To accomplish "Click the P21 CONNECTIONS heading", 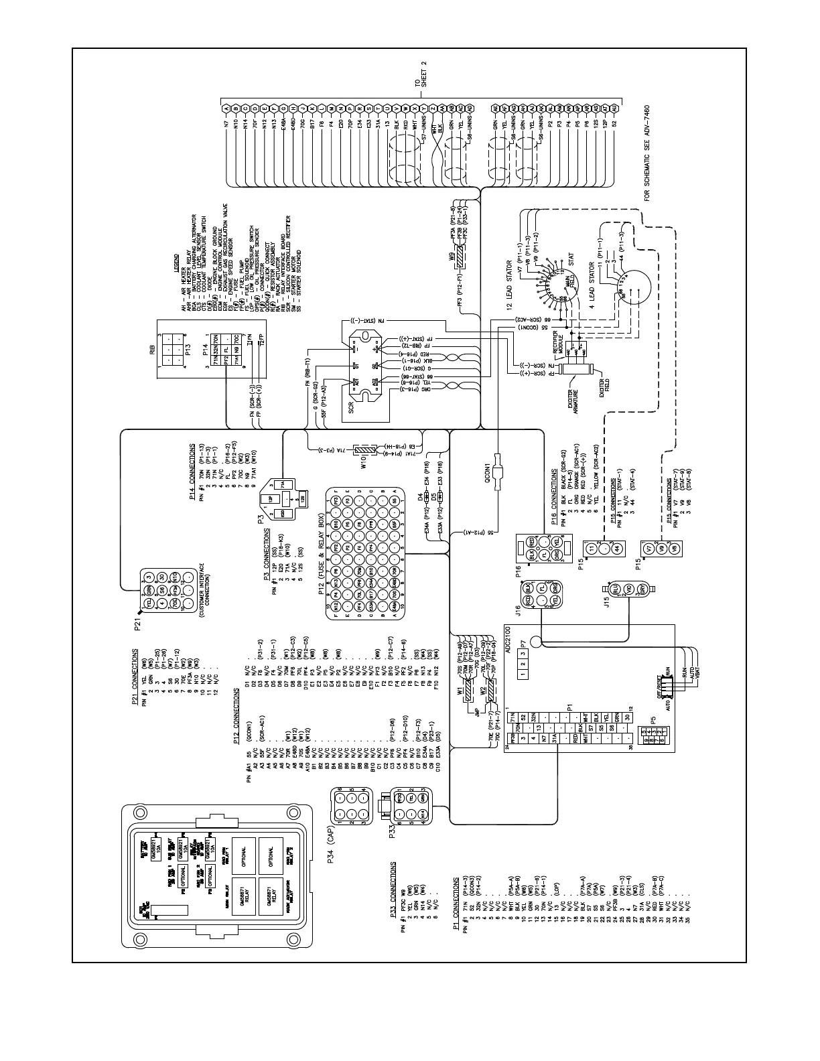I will click(135, 677).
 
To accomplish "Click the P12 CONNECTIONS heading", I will click(236, 715).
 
